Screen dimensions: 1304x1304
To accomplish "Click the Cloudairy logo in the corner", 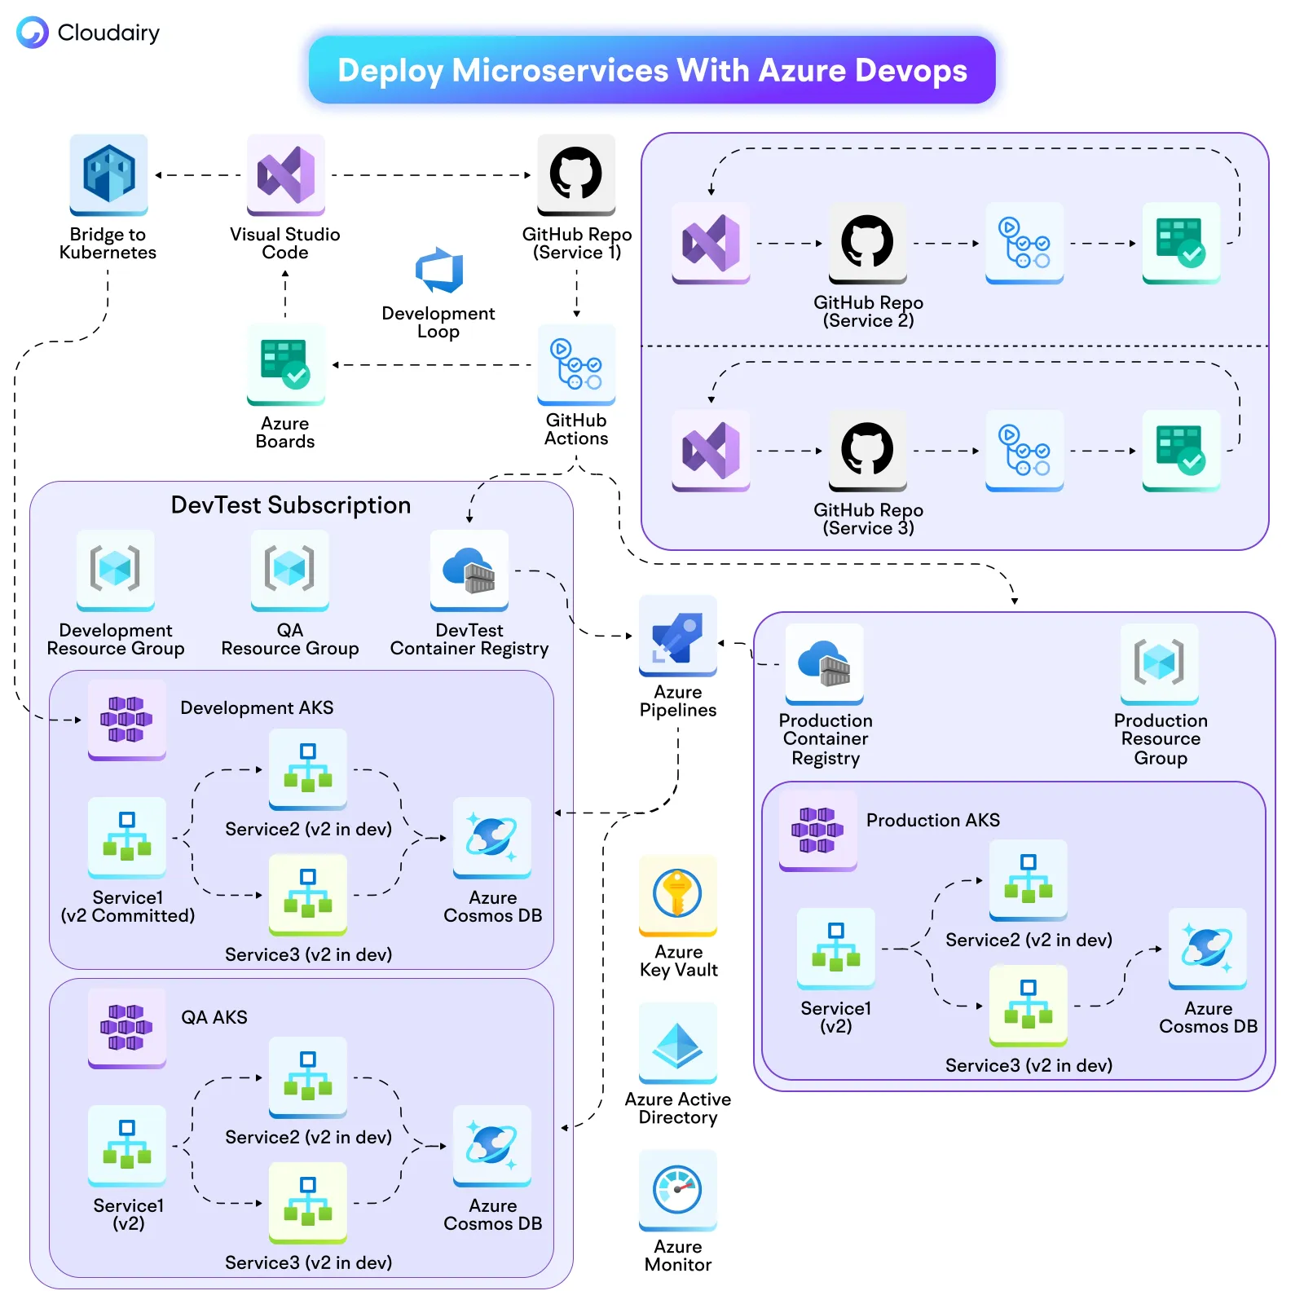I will click(x=33, y=33).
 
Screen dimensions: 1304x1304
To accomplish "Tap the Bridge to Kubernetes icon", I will click(x=108, y=174).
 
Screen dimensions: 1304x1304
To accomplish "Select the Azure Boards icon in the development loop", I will click(x=285, y=363).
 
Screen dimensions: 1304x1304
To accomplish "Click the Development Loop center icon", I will click(x=438, y=271).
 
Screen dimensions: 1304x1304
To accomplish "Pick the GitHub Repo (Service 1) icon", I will click(x=575, y=174).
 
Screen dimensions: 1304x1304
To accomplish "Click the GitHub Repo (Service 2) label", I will click(x=868, y=311).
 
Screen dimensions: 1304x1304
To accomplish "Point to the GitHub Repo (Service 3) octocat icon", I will click(x=867, y=449).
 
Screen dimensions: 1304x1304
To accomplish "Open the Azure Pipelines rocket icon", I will click(x=677, y=635).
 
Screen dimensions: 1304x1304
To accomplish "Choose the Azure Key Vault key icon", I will click(x=677, y=894).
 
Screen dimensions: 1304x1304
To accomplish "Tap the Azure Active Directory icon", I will click(x=677, y=1042).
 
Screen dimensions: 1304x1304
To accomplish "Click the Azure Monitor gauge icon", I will click(x=677, y=1189).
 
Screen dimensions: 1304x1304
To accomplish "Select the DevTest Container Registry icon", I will click(x=469, y=570).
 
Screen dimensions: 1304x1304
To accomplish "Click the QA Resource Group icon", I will click(x=289, y=570).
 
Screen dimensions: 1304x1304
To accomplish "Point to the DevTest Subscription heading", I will click(x=290, y=505).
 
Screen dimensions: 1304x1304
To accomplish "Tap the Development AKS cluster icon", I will click(x=126, y=719).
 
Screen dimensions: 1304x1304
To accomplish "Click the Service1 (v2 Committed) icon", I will click(x=126, y=836).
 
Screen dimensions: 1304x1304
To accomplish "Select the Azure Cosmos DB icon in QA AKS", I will click(x=491, y=1144).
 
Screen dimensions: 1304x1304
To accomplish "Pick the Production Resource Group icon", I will click(x=1159, y=663).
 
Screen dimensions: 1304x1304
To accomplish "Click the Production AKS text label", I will click(x=932, y=820).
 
